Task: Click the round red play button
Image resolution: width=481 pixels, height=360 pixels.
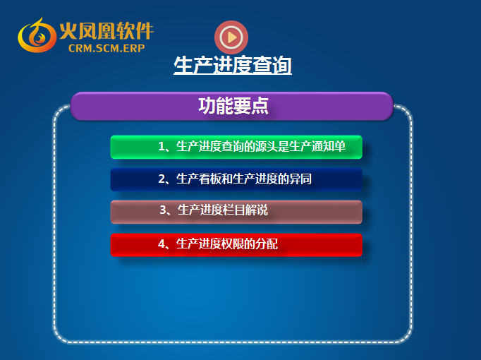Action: [x=231, y=37]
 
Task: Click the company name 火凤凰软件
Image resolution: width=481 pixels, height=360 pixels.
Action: [x=106, y=30]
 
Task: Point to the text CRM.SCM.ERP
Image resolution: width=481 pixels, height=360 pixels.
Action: [x=106, y=48]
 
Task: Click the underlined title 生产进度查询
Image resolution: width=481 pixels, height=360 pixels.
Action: [x=233, y=65]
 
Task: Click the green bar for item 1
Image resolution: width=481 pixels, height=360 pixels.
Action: [x=236, y=147]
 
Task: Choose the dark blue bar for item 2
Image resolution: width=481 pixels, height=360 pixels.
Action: [x=236, y=179]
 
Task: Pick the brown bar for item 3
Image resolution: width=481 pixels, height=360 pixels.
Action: [x=236, y=212]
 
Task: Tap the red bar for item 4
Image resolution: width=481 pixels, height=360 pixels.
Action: [x=236, y=245]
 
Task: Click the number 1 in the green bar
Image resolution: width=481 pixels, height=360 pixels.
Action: [x=162, y=146]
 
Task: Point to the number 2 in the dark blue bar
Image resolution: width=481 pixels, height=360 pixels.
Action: [x=162, y=179]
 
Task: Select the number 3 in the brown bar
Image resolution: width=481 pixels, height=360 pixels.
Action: [x=163, y=210]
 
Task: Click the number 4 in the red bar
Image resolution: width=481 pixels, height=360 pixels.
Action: [x=162, y=244]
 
